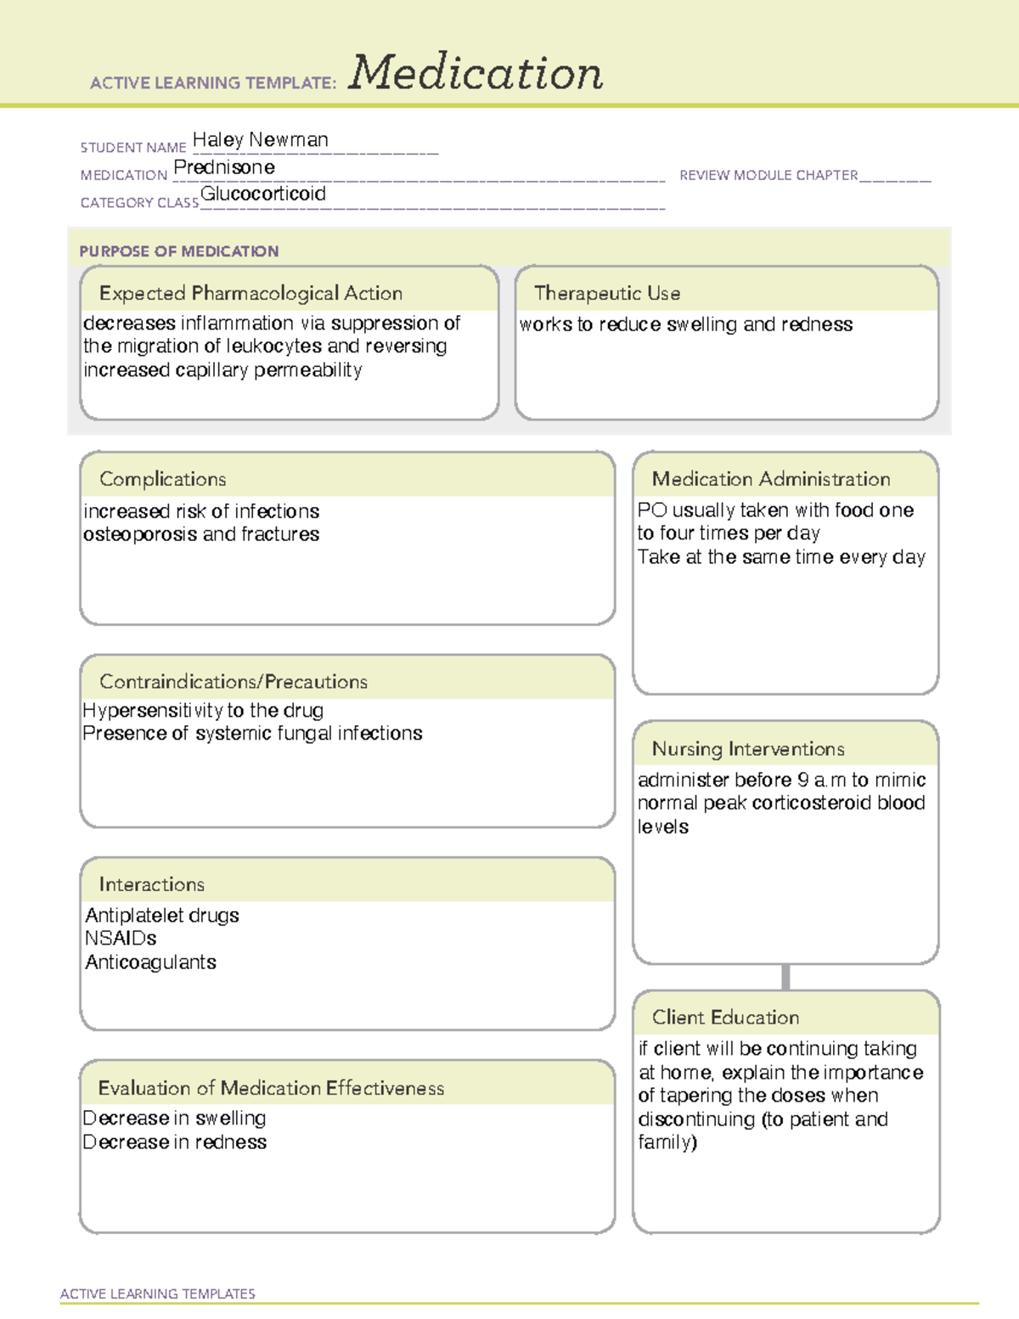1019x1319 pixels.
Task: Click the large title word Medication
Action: coord(476,73)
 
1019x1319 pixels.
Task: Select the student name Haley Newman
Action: coord(260,140)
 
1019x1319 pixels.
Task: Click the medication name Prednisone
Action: coord(224,167)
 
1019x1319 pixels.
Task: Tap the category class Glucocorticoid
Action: coord(263,194)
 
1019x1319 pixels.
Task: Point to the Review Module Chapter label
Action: coord(768,175)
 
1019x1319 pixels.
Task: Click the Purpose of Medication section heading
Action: coord(178,251)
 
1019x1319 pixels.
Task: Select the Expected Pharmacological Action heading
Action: coord(251,293)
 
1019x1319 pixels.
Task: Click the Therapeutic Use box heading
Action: coord(607,293)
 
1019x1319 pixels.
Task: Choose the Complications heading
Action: coord(162,479)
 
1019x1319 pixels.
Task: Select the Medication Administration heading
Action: coord(771,479)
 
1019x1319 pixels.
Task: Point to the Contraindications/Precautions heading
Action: coord(234,681)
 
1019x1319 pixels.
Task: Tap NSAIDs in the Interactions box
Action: coord(121,939)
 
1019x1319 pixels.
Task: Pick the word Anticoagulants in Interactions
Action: coord(150,962)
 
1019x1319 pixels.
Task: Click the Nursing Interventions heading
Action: coord(748,748)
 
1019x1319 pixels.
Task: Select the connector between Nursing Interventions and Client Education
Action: coord(785,977)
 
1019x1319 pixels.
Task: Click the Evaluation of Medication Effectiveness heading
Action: coord(271,1088)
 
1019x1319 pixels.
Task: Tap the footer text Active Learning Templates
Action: coord(158,1294)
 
